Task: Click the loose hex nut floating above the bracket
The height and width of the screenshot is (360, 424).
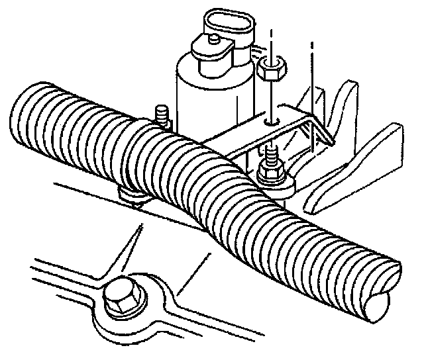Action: coord(271,68)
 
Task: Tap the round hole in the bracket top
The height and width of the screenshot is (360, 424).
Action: coord(271,122)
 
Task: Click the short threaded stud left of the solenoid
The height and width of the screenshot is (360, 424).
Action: coord(160,114)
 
